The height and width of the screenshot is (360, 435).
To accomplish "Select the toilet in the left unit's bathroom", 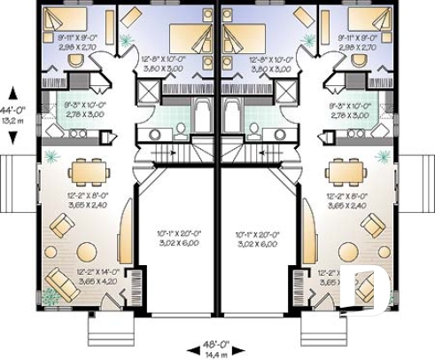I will (x=180, y=131).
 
